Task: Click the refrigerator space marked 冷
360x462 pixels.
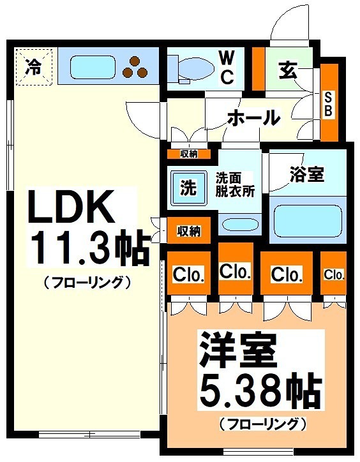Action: tap(32, 66)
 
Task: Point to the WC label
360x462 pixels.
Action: tap(227, 67)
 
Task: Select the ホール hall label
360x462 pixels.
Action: tap(253, 117)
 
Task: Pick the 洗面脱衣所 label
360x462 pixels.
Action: tap(234, 184)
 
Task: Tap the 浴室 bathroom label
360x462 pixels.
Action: tap(307, 174)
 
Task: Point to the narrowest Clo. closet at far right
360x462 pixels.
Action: tap(334, 274)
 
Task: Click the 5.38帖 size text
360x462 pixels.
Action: tap(259, 389)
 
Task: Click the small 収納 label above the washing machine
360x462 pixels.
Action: tap(188, 153)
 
